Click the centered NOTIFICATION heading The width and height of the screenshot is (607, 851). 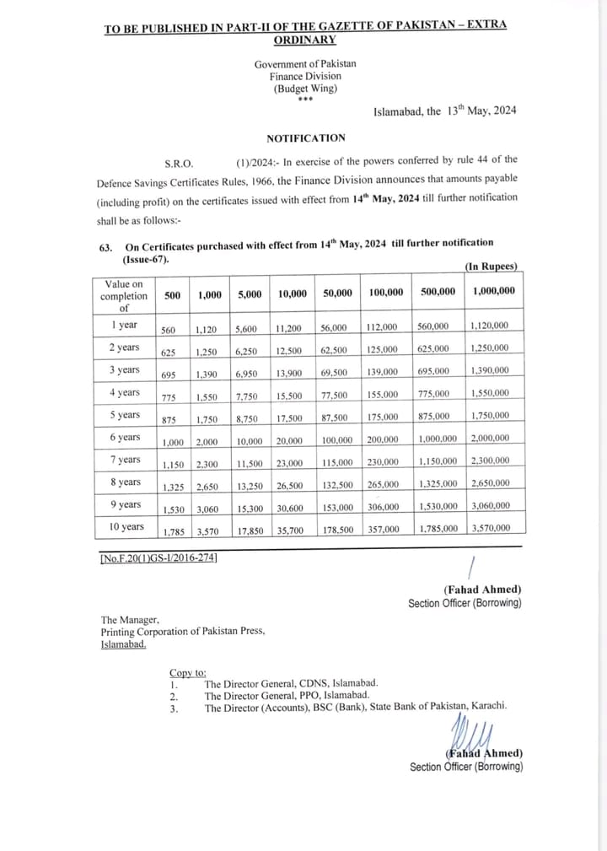click(305, 137)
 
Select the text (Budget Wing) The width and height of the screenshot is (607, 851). click(305, 89)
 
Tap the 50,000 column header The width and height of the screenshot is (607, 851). click(338, 293)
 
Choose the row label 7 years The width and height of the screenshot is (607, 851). click(125, 460)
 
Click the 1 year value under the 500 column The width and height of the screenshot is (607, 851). click(169, 329)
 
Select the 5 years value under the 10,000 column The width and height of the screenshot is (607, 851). click(292, 417)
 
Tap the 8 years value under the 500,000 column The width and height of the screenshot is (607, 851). click(438, 484)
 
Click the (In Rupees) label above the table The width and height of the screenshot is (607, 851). click(492, 267)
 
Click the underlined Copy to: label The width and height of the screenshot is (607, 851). click(187, 672)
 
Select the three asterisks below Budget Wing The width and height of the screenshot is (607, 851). click(305, 99)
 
